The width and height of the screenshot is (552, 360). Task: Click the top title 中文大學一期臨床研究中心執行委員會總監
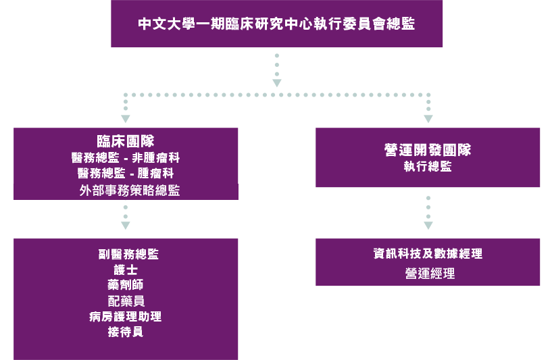pyautogui.click(x=276, y=24)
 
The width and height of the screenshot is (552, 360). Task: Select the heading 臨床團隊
pyautogui.click(x=126, y=141)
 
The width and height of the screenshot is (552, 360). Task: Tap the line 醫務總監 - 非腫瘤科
pyautogui.click(x=126, y=157)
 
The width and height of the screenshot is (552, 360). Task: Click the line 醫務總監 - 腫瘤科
pyautogui.click(x=126, y=173)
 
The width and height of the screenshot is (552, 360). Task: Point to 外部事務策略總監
pyautogui.click(x=130, y=190)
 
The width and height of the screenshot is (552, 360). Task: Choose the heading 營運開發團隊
pyautogui.click(x=428, y=150)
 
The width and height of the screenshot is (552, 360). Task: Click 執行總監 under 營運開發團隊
pyautogui.click(x=428, y=166)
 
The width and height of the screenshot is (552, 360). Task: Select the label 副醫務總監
pyautogui.click(x=128, y=254)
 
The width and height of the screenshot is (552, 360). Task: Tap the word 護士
pyautogui.click(x=126, y=270)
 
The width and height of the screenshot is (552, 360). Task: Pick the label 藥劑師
pyautogui.click(x=126, y=285)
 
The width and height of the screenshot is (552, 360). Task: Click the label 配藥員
pyautogui.click(x=126, y=301)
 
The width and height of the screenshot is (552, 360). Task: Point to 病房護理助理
pyautogui.click(x=126, y=316)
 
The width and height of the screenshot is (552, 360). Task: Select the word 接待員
pyautogui.click(x=126, y=332)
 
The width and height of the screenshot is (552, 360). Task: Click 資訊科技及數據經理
pyautogui.click(x=428, y=253)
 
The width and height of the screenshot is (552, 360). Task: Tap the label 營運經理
pyautogui.click(x=430, y=274)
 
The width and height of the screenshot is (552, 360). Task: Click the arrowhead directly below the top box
pyautogui.click(x=277, y=83)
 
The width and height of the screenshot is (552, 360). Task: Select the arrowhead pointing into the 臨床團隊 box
pyautogui.click(x=126, y=119)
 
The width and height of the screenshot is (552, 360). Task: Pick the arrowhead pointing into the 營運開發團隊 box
pyautogui.click(x=428, y=119)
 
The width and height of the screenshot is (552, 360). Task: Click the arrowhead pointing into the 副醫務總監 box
pyautogui.click(x=126, y=226)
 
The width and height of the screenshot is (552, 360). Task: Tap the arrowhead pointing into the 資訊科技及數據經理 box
pyautogui.click(x=428, y=226)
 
